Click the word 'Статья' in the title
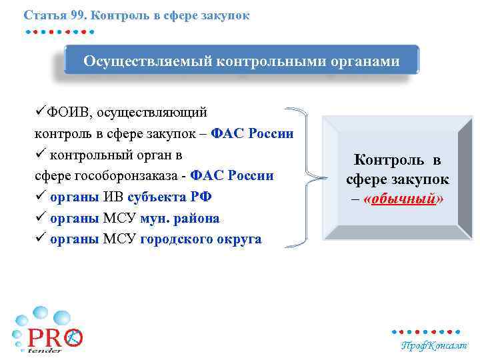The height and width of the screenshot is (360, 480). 42,14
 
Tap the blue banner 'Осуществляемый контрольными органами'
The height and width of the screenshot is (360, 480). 241,61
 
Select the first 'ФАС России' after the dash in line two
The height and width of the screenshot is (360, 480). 252,133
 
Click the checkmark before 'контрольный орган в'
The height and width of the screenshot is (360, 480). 41,154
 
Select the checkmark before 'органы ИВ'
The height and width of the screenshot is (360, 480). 41,197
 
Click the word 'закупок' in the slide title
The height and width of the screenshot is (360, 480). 228,14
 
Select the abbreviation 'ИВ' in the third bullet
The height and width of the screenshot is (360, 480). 112,197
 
